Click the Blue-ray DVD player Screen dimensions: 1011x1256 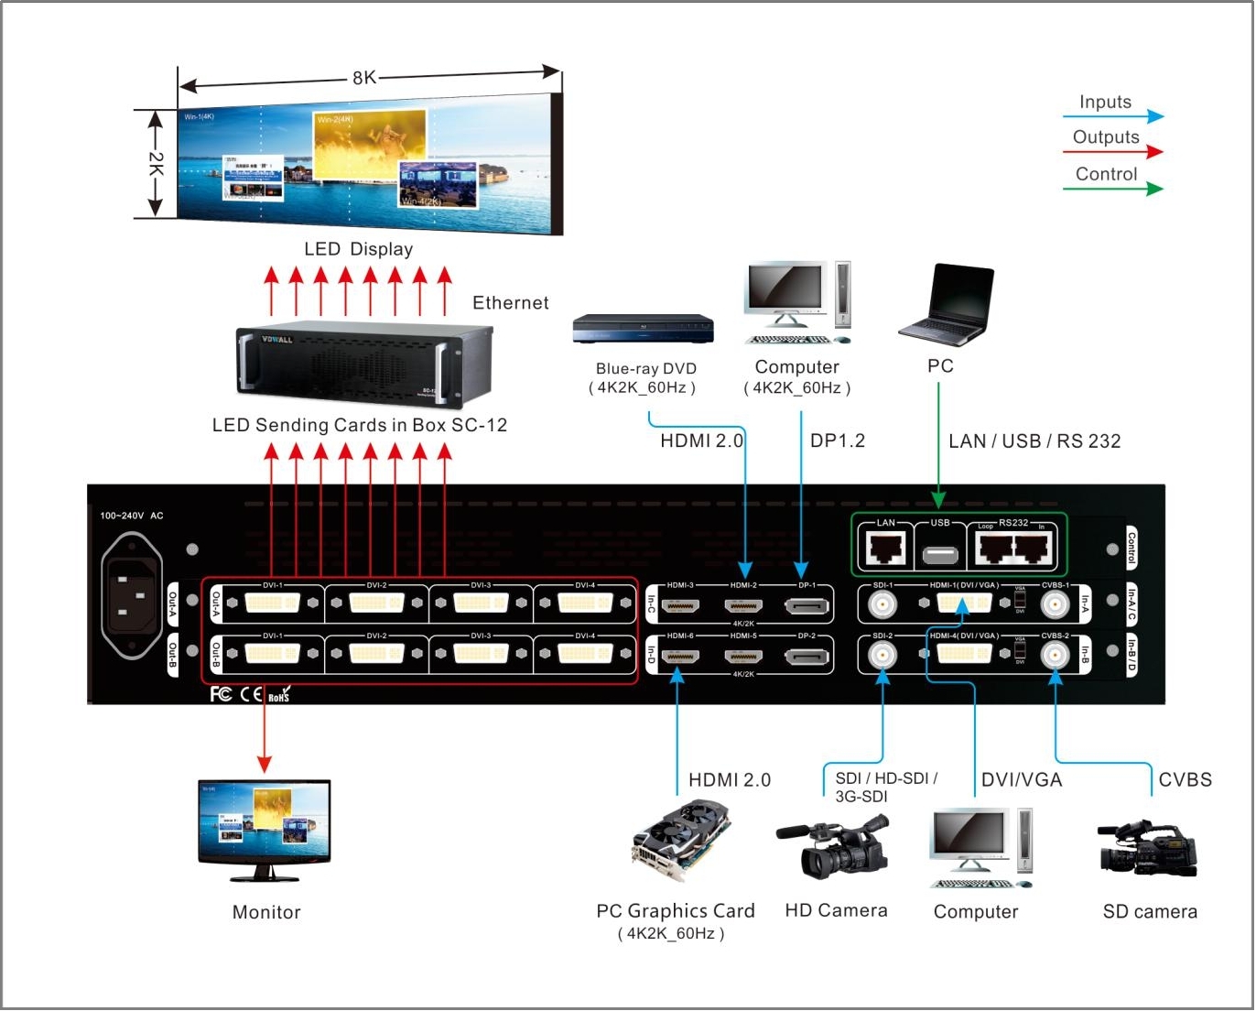coord(643,329)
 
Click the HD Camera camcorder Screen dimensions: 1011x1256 coord(834,848)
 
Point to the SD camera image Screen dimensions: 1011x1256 coord(1148,849)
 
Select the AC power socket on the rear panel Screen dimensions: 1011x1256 coord(132,595)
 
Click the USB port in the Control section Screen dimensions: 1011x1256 coord(940,554)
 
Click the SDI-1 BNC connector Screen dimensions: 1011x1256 coord(882,604)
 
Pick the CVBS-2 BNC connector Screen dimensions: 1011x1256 coord(1055,654)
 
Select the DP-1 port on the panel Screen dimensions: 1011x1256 coord(807,605)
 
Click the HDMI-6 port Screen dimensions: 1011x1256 coord(679,656)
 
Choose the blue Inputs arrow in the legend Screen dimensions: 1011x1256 coord(1112,116)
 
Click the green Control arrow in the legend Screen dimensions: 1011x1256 coord(1112,189)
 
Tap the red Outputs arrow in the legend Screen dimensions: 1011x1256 coord(1112,152)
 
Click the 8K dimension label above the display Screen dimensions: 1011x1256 coord(364,78)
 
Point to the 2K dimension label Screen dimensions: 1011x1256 coord(156,165)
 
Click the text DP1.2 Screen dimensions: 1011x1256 coord(837,440)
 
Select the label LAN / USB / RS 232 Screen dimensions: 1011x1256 coord(1034,441)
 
